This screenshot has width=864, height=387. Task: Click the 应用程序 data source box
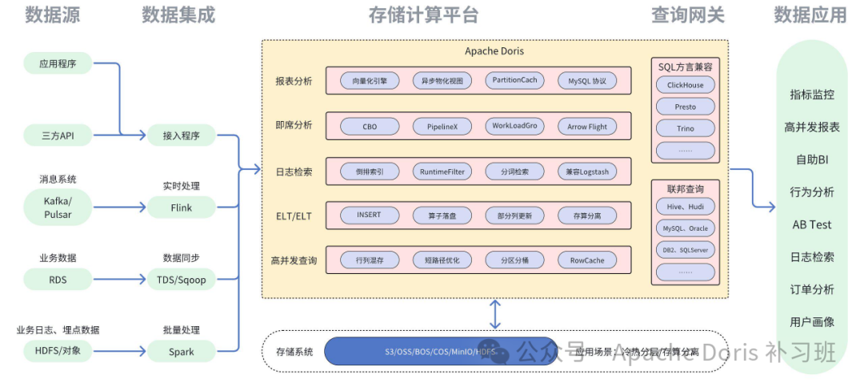tap(58, 63)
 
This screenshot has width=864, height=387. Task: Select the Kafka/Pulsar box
tap(58, 207)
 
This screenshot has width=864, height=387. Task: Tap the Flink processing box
tap(181, 208)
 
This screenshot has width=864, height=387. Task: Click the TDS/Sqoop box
tap(181, 279)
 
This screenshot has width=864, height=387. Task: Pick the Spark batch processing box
tap(181, 351)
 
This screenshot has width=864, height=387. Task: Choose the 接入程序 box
tap(181, 135)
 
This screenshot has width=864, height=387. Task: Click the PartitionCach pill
tap(514, 81)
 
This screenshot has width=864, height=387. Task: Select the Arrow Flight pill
tap(587, 127)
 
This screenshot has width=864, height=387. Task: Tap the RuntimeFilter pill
tap(442, 171)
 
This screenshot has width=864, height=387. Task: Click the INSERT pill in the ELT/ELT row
tap(369, 216)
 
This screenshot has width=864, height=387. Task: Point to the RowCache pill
tap(587, 260)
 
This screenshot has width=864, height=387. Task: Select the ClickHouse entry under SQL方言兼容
tap(686, 85)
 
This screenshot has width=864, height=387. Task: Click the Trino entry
tap(686, 128)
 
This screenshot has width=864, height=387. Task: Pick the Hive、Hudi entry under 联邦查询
tap(686, 207)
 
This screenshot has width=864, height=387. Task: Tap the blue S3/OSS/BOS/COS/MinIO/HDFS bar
tap(441, 351)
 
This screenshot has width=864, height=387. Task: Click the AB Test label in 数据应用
tap(811, 224)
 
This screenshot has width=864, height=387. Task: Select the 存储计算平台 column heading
tap(423, 15)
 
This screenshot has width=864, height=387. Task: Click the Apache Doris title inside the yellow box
tap(494, 51)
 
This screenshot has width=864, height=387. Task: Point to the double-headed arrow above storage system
tap(495, 313)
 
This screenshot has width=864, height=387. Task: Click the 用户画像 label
tap(811, 321)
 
